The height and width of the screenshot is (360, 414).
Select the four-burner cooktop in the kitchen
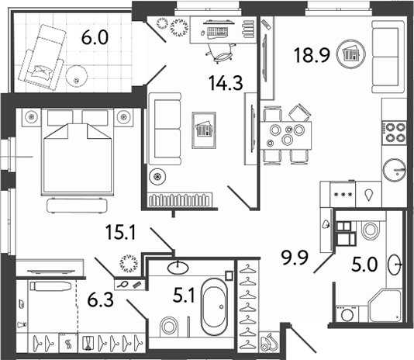point(396,131)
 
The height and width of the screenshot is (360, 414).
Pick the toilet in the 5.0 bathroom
point(367,230)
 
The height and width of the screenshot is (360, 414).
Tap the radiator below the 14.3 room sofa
point(181,199)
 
